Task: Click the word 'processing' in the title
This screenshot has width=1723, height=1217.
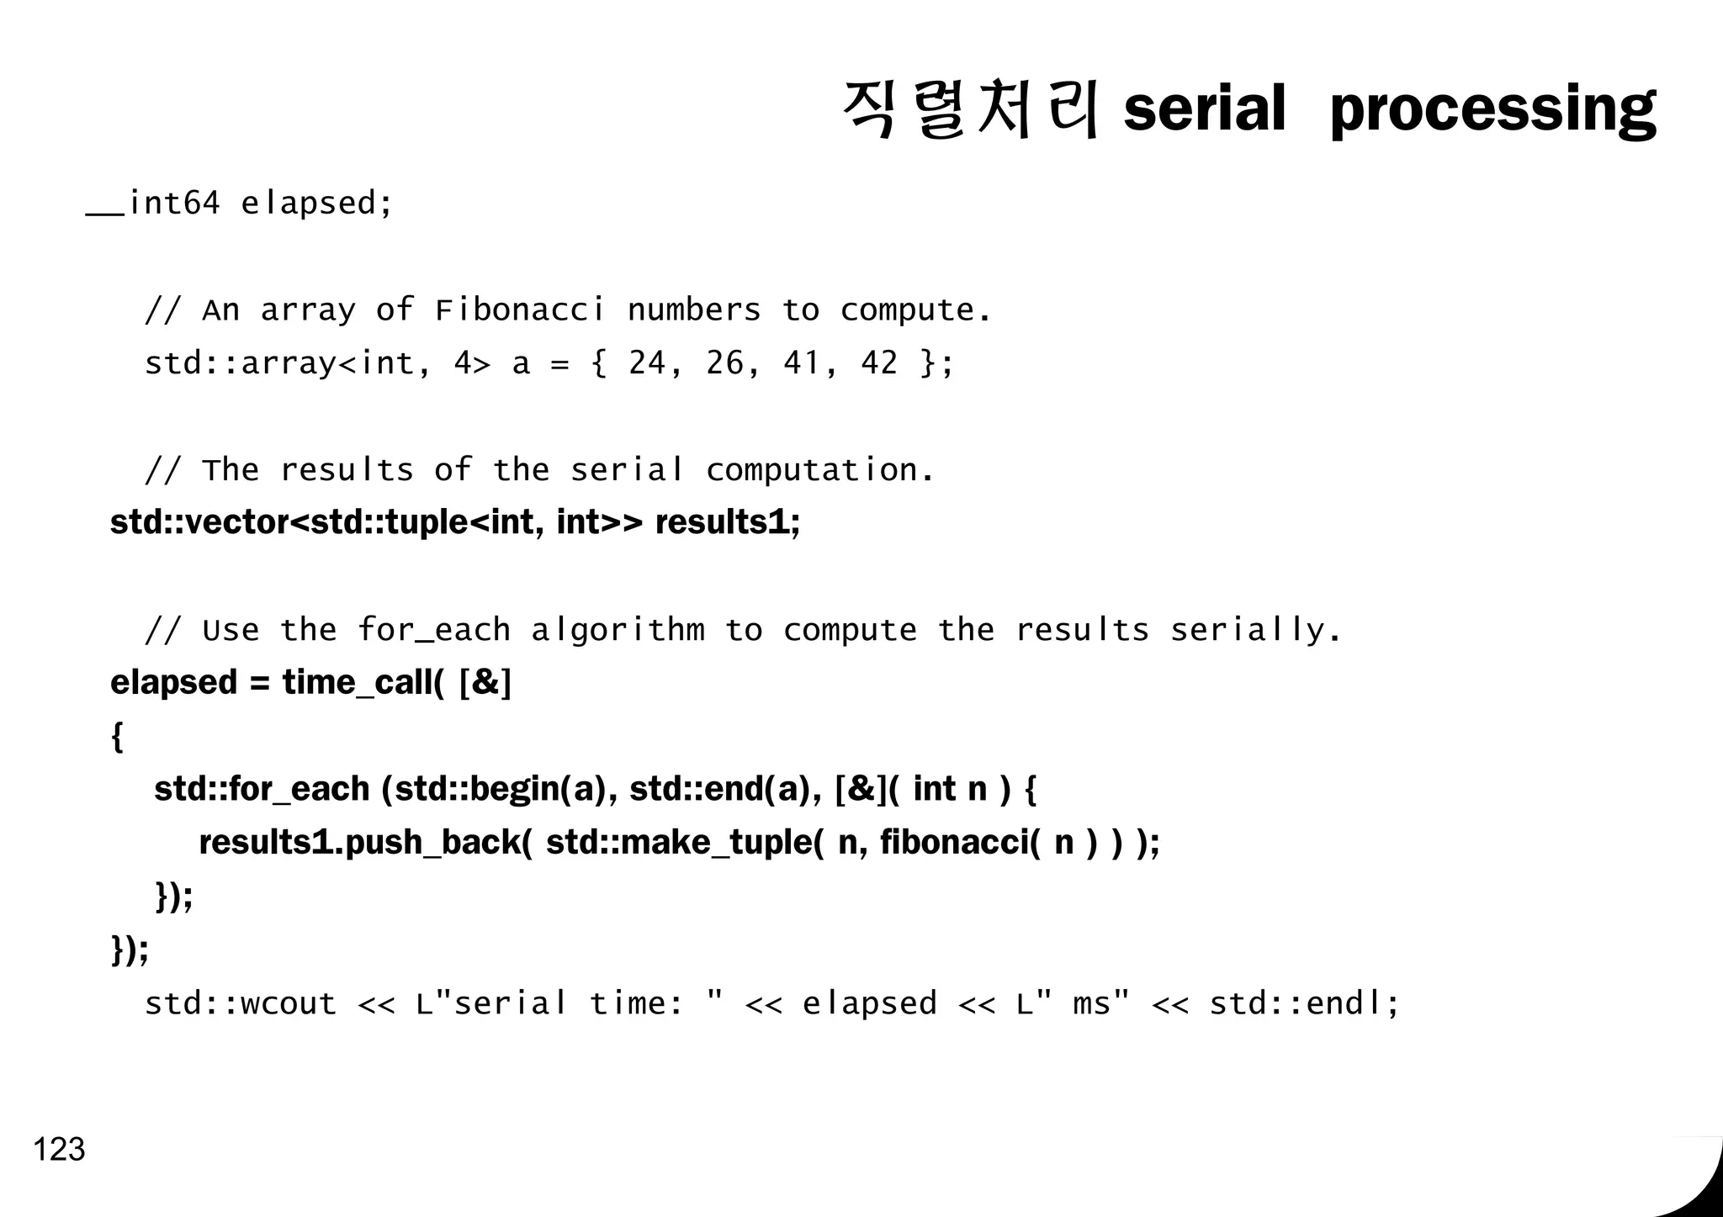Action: pos(1493,109)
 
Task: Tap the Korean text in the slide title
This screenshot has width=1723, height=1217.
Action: pos(970,109)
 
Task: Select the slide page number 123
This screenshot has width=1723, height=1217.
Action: pos(59,1149)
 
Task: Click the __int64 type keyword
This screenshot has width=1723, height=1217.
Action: pos(153,204)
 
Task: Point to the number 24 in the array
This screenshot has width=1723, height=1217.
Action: pos(647,363)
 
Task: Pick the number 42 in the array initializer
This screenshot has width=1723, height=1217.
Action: pos(879,363)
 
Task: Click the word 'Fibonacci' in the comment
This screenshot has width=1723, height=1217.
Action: pos(520,310)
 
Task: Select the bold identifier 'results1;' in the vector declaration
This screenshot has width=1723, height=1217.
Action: pos(728,522)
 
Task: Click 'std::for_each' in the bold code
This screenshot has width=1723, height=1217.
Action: pos(262,790)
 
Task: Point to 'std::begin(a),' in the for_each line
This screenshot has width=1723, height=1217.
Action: pos(500,790)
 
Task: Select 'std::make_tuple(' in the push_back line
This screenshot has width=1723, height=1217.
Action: pos(685,843)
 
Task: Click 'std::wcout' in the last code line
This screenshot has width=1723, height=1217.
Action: pos(241,1003)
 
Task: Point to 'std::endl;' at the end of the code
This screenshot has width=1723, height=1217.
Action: pos(1304,1003)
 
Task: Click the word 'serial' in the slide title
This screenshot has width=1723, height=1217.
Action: pos(1205,109)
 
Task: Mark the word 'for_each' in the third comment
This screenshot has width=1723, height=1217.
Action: pos(434,630)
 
